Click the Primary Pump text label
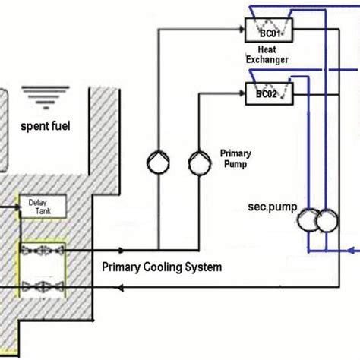click(x=235, y=157)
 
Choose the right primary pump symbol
click(x=199, y=159)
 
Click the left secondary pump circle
click(x=310, y=221)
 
